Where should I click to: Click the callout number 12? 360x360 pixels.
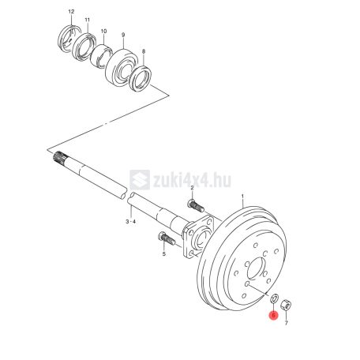tap(71, 12)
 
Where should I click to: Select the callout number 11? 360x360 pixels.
tap(88, 20)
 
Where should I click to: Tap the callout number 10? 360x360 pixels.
tap(103, 32)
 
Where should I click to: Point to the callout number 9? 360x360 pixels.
tap(123, 35)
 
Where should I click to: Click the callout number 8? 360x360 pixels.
tap(144, 51)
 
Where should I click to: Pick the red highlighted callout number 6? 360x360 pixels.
tap(274, 315)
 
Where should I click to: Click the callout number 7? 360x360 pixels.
tap(287, 323)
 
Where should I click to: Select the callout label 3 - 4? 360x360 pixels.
tap(130, 222)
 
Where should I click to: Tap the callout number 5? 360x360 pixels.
tap(164, 254)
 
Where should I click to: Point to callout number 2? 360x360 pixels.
tap(192, 188)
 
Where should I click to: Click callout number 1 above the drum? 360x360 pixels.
tap(242, 197)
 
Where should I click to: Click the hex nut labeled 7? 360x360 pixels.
tap(286, 306)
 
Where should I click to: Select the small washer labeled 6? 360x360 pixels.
tap(275, 298)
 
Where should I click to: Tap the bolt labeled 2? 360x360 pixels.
tap(196, 206)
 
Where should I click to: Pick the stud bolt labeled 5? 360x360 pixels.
tap(167, 238)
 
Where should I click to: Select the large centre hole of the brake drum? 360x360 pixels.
tap(256, 268)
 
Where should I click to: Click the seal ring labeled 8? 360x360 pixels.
tap(140, 79)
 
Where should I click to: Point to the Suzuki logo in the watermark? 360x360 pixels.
tap(140, 180)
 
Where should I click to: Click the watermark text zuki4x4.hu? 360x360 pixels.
tap(192, 180)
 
